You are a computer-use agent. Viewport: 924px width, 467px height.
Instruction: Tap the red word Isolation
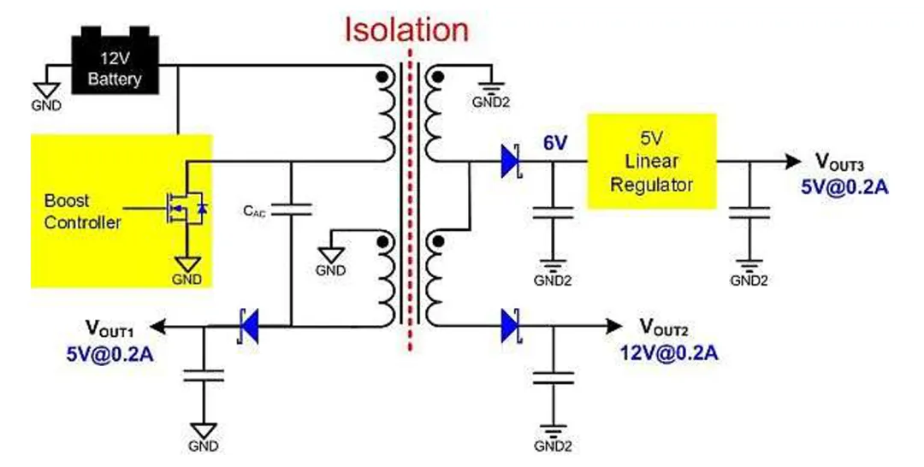[406, 30]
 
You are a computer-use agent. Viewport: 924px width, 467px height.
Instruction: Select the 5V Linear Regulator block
[650, 161]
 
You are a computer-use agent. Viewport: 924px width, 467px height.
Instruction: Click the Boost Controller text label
[82, 212]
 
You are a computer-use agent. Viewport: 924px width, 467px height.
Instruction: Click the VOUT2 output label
[664, 325]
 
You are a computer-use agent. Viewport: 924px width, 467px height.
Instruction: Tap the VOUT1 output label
[113, 325]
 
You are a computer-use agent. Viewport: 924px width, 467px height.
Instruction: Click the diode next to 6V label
[511, 162]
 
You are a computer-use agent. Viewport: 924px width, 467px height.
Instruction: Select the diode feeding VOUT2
[511, 326]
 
